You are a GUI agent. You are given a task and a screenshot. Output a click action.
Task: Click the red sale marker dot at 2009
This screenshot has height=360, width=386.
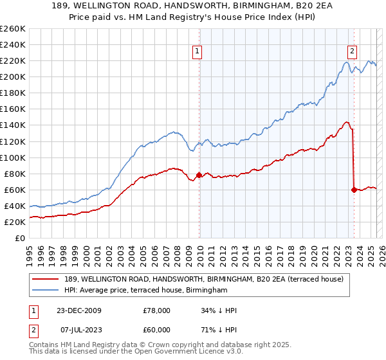pos(199,174)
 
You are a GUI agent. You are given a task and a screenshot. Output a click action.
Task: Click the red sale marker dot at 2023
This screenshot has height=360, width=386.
pos(353,189)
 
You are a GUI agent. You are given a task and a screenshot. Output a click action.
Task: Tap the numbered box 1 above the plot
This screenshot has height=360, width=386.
pos(196,53)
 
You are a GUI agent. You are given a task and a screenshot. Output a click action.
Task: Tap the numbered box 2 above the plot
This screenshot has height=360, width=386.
pos(353,53)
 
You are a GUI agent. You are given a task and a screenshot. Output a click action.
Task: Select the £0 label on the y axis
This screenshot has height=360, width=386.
pos(19,238)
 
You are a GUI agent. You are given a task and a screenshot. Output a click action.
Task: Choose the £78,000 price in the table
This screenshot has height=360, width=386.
pos(156,310)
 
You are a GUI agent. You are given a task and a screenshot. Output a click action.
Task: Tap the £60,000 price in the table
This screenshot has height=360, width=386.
pos(156,328)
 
